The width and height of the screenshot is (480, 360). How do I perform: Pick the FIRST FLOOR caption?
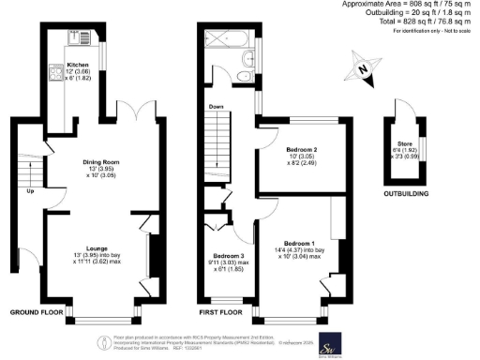(221, 310)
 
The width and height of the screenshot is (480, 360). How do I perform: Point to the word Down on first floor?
(217, 106)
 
